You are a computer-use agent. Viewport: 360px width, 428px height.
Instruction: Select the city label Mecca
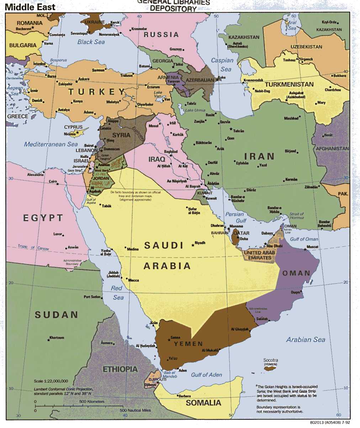coord(133,280)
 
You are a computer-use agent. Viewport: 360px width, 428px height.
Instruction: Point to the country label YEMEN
coord(188,344)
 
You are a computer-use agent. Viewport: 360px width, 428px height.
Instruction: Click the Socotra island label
coord(271,360)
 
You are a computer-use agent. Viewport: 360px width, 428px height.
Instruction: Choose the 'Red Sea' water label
coord(117,293)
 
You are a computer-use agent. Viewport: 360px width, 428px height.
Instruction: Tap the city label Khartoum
coord(57,337)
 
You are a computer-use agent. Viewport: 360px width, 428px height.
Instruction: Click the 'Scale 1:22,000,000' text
coord(51,381)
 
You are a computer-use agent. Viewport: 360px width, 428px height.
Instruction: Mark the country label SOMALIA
coord(203,403)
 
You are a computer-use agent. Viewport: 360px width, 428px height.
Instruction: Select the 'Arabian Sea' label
coord(306,339)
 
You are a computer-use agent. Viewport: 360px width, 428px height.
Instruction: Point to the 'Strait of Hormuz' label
coord(296,216)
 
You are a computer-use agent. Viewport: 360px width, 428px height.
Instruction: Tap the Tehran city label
coord(238,131)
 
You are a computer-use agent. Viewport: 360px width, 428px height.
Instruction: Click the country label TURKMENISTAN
coord(289,84)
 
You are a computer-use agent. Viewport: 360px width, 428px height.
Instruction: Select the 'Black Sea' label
coord(91,42)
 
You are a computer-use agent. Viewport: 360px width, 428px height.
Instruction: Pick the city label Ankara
coord(84,79)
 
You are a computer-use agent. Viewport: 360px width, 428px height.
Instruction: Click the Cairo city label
coord(53,181)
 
